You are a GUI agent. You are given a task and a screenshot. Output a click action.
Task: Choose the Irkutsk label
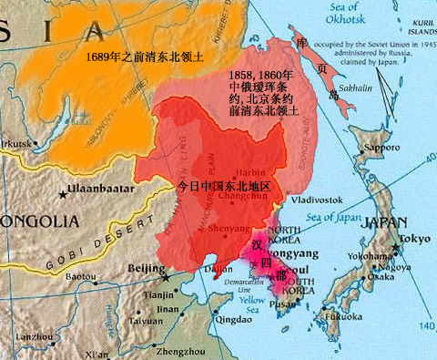tap(19, 143)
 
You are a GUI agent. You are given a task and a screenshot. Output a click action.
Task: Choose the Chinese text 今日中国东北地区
tap(229, 184)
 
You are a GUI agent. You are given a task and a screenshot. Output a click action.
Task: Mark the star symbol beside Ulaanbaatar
tap(62, 193)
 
